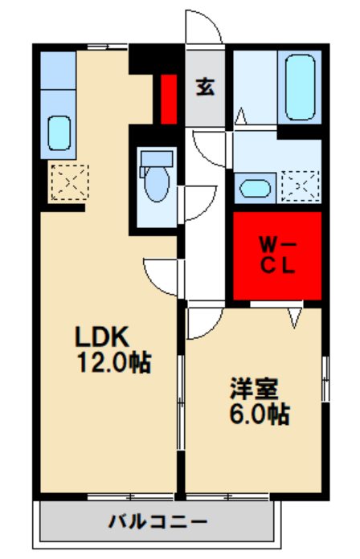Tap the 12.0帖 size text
[113, 362]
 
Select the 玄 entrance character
[205, 88]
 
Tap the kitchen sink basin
[59, 132]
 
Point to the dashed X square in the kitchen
[65, 181]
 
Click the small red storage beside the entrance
[168, 99]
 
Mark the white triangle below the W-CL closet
[294, 317]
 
